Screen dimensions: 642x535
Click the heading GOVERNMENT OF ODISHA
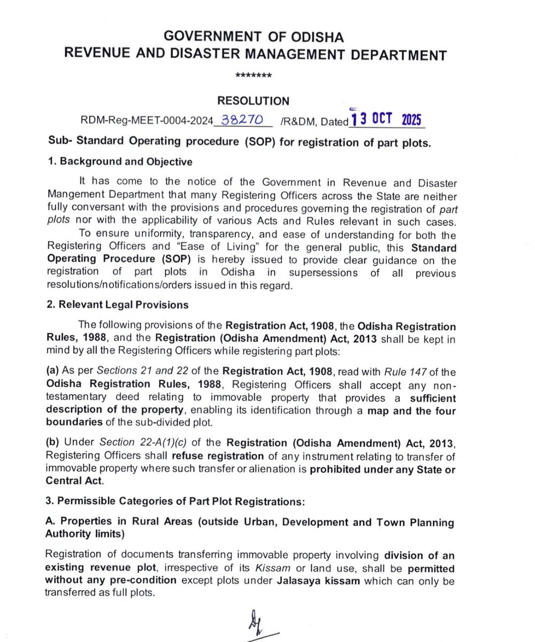click(254, 37)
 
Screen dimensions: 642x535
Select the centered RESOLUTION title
click(254, 101)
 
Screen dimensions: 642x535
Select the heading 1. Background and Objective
click(120, 162)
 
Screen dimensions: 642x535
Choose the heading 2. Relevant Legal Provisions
click(118, 305)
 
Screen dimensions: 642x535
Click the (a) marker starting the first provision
click(53, 371)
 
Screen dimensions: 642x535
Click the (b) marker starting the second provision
click(53, 445)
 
